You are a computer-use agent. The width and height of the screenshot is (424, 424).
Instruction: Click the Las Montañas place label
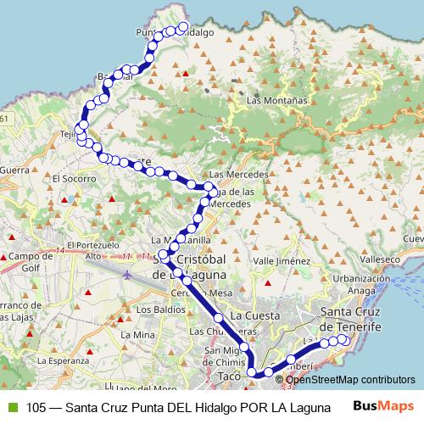click(x=276, y=100)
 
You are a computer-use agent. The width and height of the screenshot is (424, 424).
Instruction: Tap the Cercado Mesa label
click(x=192, y=293)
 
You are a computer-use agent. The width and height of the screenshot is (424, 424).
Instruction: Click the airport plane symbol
click(x=127, y=274)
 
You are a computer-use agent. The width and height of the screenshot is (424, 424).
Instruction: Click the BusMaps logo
click(x=378, y=405)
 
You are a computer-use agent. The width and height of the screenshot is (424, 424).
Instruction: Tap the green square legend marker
click(x=11, y=406)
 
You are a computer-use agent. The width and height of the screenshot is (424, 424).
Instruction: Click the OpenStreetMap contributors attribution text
click(x=350, y=379)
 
